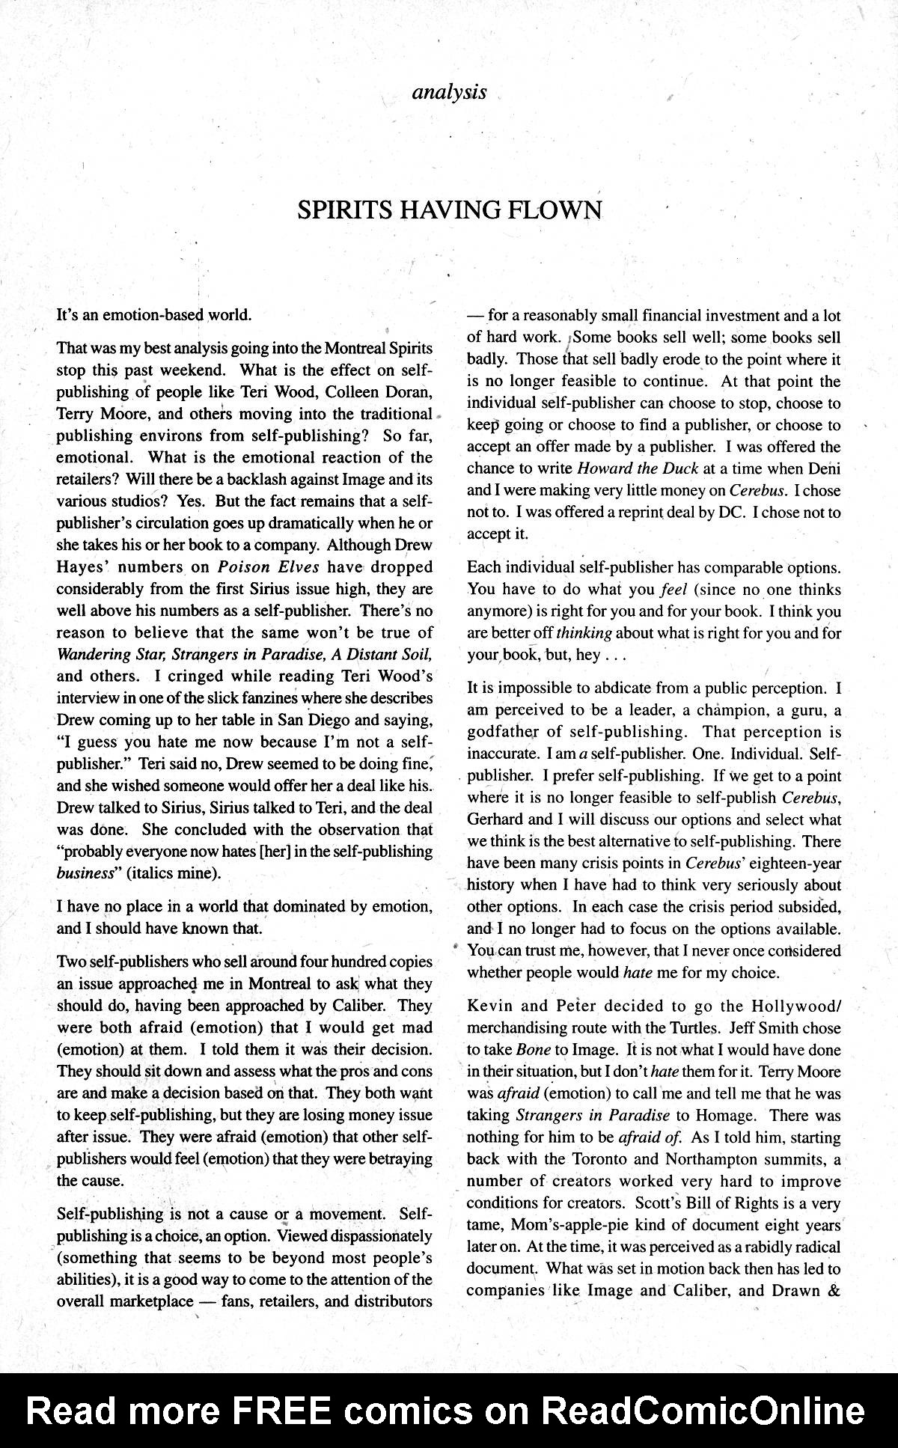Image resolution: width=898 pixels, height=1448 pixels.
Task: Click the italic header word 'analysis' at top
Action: [x=449, y=93]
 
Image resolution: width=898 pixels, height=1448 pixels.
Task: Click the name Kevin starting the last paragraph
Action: [x=488, y=1006]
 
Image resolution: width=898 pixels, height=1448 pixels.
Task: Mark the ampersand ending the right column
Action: [x=834, y=1291]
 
